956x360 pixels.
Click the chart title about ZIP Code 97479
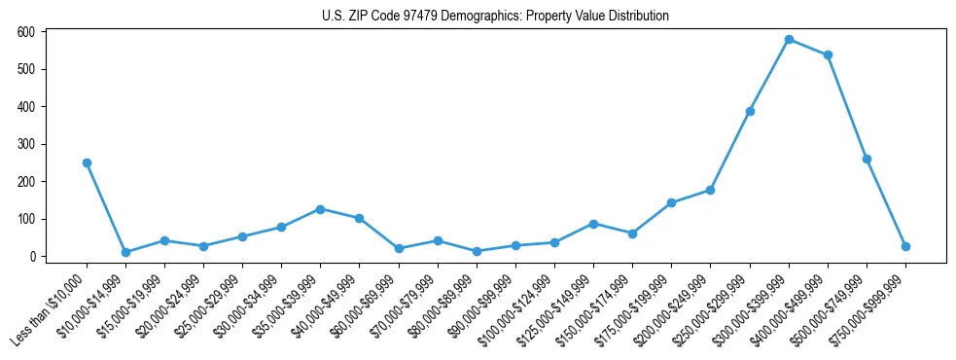coord(495,16)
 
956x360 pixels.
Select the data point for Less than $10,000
coord(87,162)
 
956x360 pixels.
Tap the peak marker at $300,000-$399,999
coord(789,39)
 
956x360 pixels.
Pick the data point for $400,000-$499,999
coord(828,54)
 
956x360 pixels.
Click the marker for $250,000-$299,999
coord(750,111)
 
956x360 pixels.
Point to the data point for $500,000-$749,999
coord(867,159)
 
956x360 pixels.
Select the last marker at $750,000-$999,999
coord(905,246)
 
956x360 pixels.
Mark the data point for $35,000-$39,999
coord(320,208)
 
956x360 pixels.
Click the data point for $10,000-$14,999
coord(125,252)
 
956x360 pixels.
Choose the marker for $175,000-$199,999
coord(671,202)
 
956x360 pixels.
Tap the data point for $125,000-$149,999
coord(593,224)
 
